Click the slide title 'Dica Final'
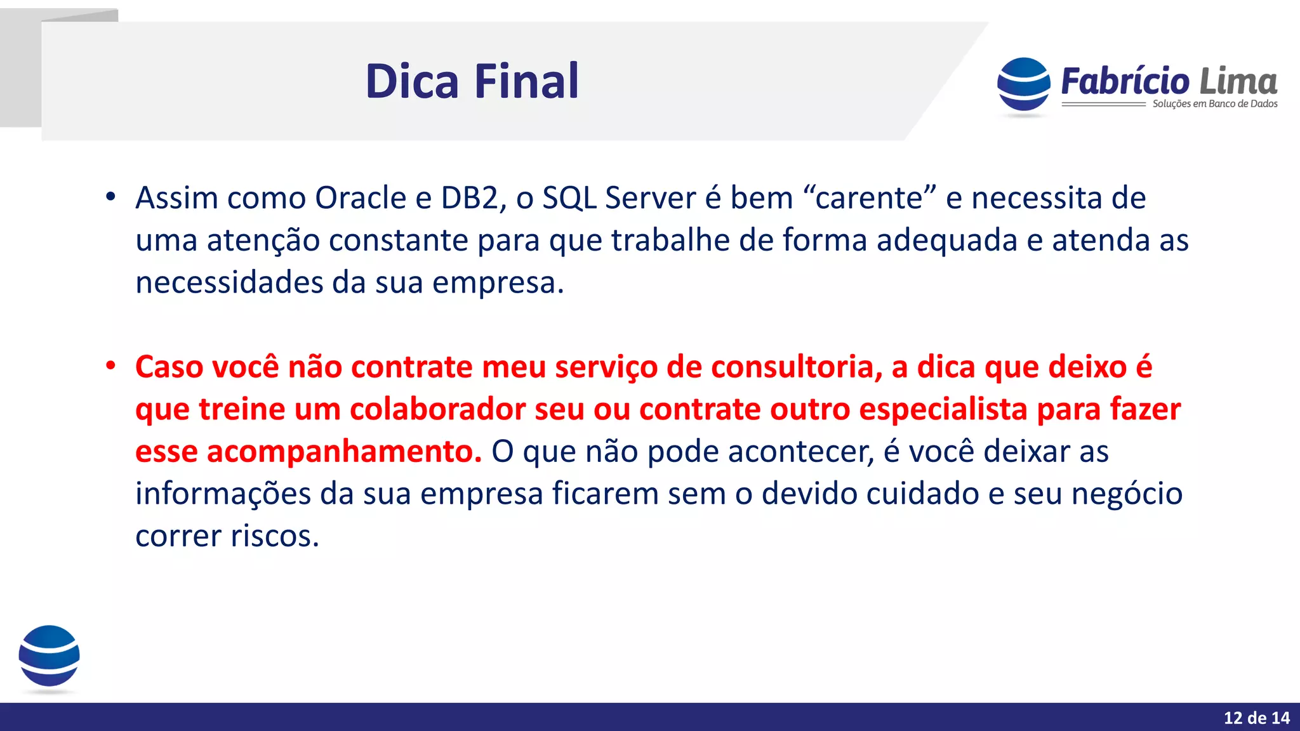tap(472, 81)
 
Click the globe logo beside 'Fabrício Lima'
tap(1023, 86)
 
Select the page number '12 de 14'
tap(1256, 718)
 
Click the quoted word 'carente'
tap(869, 198)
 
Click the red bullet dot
tap(110, 365)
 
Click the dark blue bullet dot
tap(110, 197)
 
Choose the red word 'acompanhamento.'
tap(308, 452)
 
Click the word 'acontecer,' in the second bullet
tap(800, 452)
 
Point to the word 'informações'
tap(223, 494)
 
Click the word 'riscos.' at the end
tap(274, 536)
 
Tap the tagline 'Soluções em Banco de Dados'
tap(1214, 104)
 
